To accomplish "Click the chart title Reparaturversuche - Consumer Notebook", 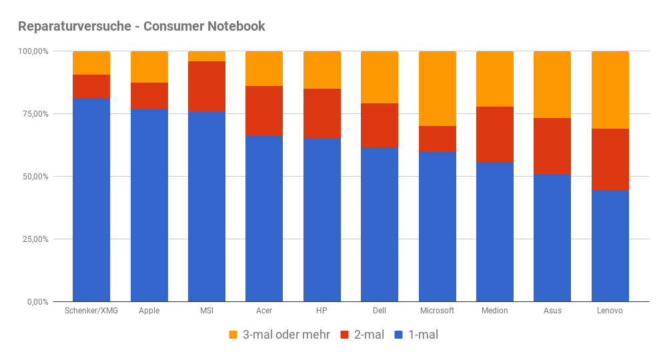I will pyautogui.click(x=141, y=27).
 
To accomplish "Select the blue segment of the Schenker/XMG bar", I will pyautogui.click(x=91, y=200).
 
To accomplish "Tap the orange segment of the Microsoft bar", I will pyautogui.click(x=438, y=89).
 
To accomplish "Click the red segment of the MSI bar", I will pyautogui.click(x=207, y=87).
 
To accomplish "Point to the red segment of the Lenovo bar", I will pyautogui.click(x=610, y=159).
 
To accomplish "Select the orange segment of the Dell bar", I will pyautogui.click(x=380, y=77).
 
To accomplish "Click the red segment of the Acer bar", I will pyautogui.click(x=264, y=111).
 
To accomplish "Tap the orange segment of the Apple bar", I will pyautogui.click(x=149, y=67).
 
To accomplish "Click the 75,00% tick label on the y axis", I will pyautogui.click(x=33, y=114).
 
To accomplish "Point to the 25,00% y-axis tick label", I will pyautogui.click(x=33, y=239).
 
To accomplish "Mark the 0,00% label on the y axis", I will pyautogui.click(x=36, y=302).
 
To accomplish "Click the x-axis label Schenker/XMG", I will pyautogui.click(x=91, y=311).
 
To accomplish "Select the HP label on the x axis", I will pyautogui.click(x=322, y=311).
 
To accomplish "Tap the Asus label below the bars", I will pyautogui.click(x=552, y=311).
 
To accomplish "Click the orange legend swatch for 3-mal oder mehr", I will pyautogui.click(x=233, y=335).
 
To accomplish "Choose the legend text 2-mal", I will pyautogui.click(x=369, y=335).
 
